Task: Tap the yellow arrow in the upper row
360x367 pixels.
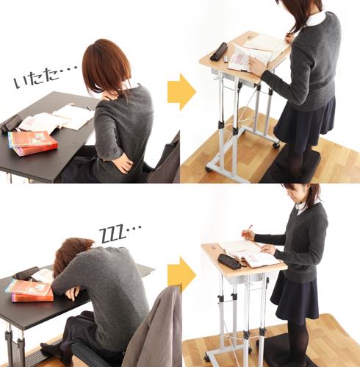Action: pos(181,92)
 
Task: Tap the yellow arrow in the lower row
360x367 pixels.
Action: pos(181,275)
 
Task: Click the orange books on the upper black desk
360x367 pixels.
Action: pos(33,143)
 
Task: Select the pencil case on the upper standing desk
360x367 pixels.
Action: pos(219,51)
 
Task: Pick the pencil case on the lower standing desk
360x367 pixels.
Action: pos(229,261)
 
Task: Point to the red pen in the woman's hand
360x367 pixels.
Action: pos(247,229)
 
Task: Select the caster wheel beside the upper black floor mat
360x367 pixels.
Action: pos(276,145)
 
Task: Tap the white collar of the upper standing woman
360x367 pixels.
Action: pos(316,18)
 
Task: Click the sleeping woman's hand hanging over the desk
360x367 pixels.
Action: pos(73,293)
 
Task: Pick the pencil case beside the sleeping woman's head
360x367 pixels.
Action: pos(26,273)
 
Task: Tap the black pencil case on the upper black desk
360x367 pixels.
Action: pos(11,123)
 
